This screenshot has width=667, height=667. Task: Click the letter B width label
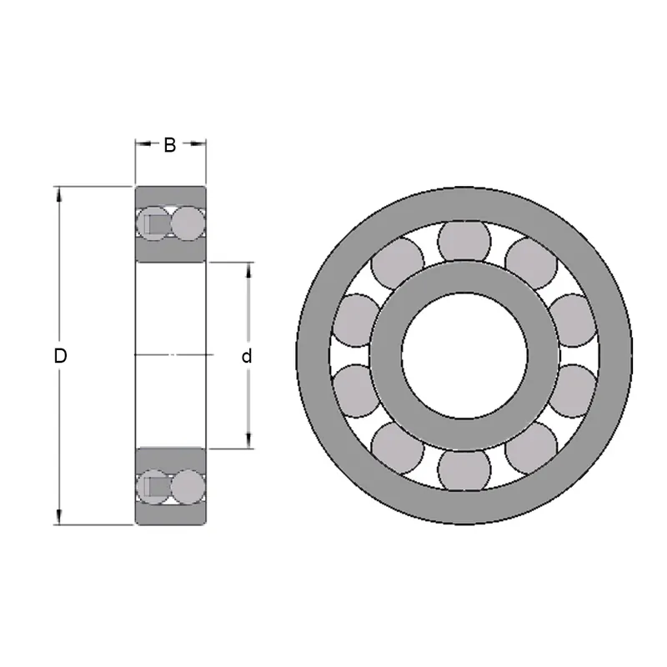(x=169, y=145)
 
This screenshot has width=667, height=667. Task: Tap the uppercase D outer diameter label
(x=59, y=356)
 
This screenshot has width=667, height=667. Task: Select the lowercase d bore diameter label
(x=247, y=357)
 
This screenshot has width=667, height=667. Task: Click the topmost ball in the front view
(x=463, y=242)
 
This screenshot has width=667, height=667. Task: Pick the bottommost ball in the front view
(x=463, y=469)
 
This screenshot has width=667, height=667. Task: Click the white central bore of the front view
(x=463, y=355)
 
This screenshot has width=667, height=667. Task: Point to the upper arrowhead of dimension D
(x=58, y=193)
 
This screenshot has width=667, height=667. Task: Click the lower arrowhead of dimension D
(x=58, y=519)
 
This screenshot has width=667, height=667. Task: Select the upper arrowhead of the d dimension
(x=248, y=269)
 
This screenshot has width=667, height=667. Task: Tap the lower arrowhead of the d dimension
(x=248, y=443)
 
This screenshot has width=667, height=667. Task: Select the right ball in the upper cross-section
(x=188, y=223)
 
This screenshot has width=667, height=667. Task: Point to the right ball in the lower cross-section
(x=188, y=486)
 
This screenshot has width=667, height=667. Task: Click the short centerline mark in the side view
(x=171, y=356)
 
